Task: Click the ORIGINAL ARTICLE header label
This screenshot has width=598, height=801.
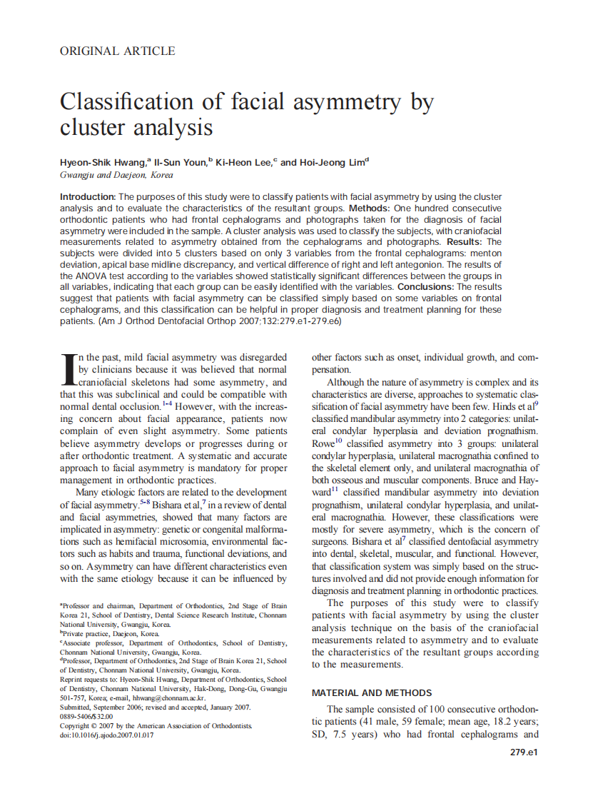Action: point(117,51)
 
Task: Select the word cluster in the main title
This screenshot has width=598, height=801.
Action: point(90,128)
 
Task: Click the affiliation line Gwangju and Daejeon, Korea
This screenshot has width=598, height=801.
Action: point(116,175)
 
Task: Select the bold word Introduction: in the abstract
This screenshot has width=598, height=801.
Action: point(88,196)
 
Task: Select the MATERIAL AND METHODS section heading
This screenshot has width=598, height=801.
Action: point(371,692)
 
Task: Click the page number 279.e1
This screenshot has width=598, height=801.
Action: point(523,752)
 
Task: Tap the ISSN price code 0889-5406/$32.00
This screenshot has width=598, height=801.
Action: point(86,716)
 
